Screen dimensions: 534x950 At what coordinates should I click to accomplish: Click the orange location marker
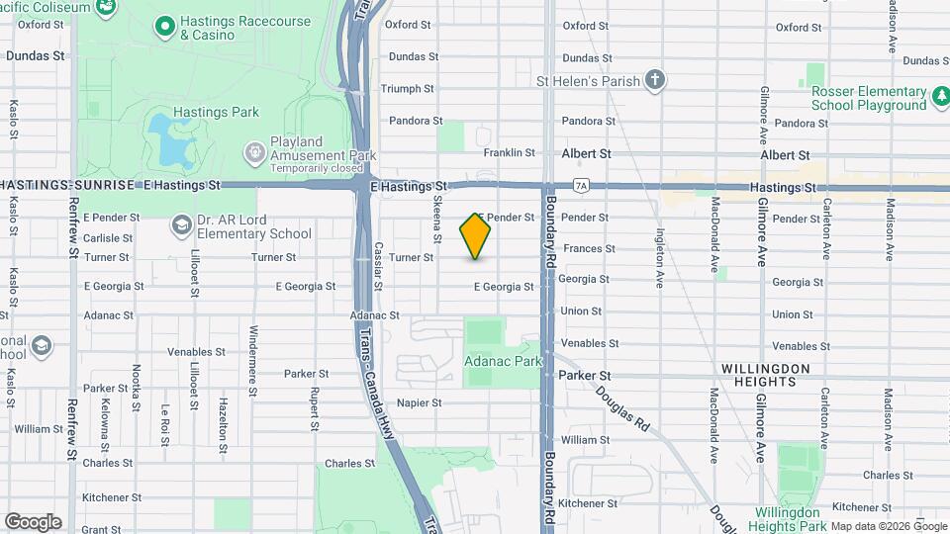pyautogui.click(x=475, y=236)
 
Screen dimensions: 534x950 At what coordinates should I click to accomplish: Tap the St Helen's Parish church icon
pyautogui.click(x=653, y=80)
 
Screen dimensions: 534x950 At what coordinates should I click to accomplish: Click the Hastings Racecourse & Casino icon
pyautogui.click(x=164, y=23)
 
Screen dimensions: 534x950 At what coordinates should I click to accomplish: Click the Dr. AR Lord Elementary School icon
pyautogui.click(x=181, y=226)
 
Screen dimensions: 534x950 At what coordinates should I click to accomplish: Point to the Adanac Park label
pyautogui.click(x=503, y=362)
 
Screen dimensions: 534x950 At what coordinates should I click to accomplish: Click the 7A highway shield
pyautogui.click(x=581, y=185)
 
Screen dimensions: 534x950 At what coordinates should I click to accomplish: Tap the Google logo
pyautogui.click(x=33, y=522)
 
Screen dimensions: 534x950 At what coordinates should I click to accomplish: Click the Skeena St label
pyautogui.click(x=436, y=219)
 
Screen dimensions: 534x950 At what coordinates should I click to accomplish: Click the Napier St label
pyautogui.click(x=418, y=402)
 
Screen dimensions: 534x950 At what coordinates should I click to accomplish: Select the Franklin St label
pyautogui.click(x=509, y=153)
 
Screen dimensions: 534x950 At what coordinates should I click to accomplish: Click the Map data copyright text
pyautogui.click(x=888, y=526)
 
